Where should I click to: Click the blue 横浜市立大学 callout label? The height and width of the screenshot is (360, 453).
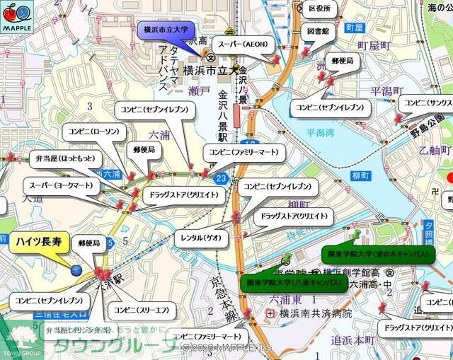click(164, 30)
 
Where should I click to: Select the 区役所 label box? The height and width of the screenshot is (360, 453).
click(320, 9)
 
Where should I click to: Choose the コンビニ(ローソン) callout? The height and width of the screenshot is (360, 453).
click(94, 131)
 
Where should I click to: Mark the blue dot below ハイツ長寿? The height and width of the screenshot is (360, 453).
click(76, 268)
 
